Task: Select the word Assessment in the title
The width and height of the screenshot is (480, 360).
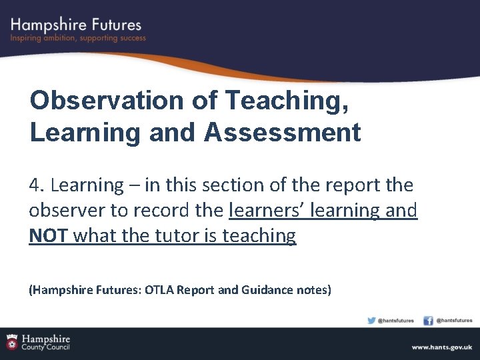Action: [x=283, y=132]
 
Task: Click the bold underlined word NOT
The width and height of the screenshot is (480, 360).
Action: [x=49, y=235]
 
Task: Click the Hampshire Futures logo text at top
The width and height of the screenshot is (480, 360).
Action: [x=76, y=25]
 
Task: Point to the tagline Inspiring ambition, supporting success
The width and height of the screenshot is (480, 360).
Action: [x=77, y=39]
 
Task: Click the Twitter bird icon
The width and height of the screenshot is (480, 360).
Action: [x=371, y=320]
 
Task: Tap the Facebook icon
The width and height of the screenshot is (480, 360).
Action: [x=428, y=320]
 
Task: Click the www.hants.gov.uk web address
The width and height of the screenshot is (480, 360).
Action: [x=441, y=347]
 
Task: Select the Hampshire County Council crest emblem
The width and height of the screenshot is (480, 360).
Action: [x=11, y=342]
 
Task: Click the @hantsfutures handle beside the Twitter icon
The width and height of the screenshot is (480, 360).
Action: [x=396, y=321]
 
